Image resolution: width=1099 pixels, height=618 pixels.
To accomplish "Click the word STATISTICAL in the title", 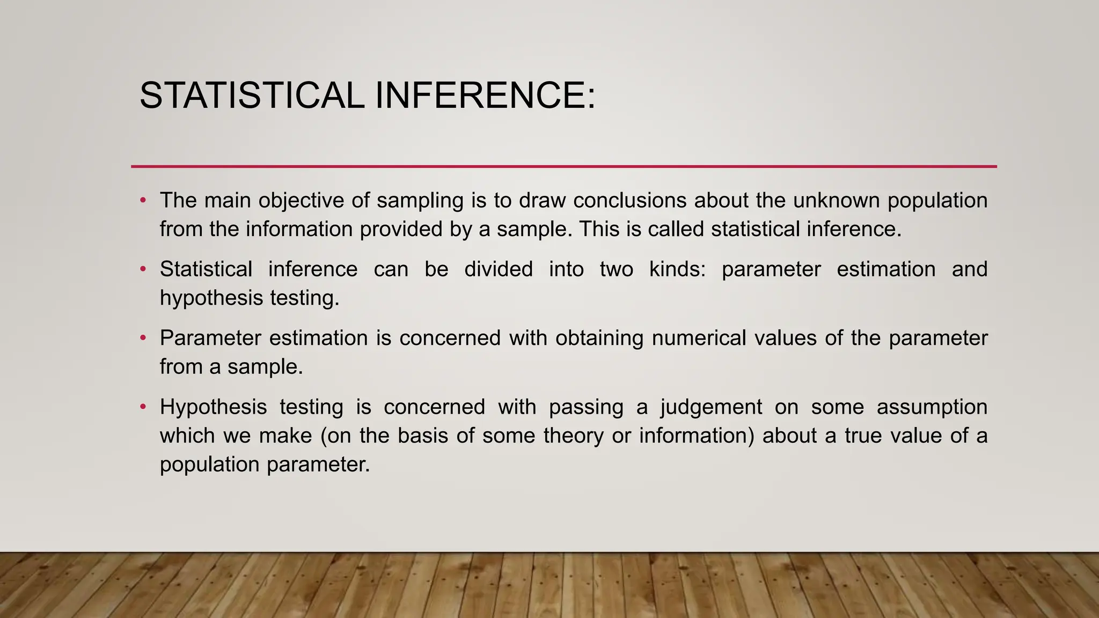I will point(252,95).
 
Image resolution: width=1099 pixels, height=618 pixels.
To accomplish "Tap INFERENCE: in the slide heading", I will point(485,95).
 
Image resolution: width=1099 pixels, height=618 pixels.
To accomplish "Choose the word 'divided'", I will point(499,269).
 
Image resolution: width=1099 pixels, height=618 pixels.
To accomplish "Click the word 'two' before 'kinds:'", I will point(616,269).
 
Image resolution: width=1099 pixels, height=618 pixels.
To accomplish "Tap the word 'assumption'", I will point(932,407).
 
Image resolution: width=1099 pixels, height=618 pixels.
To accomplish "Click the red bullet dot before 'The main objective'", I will point(143,201).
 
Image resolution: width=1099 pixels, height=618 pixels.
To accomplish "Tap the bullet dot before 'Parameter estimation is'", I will point(143,339).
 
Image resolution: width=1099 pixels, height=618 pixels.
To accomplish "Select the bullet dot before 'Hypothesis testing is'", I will point(143,407).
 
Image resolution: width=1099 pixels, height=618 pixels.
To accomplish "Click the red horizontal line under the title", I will point(563,166).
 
